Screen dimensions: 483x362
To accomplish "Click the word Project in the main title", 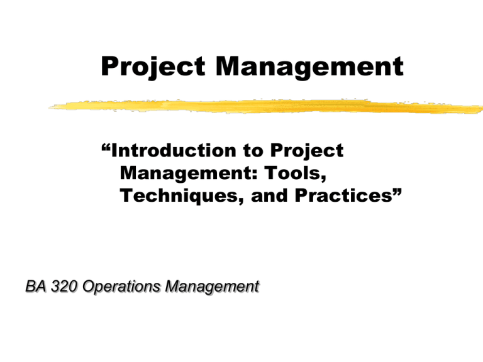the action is click(x=153, y=67).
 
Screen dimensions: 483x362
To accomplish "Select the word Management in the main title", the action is click(x=309, y=67).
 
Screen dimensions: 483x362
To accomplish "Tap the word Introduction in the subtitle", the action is click(x=174, y=151).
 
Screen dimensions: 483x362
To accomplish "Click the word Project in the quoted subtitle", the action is click(x=307, y=151).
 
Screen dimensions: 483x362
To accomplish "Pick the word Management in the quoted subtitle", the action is click(x=186, y=174).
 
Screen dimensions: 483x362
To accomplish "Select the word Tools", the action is click(x=292, y=173).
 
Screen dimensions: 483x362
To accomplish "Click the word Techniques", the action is click(x=179, y=196).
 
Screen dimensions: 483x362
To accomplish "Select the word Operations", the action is click(x=121, y=287).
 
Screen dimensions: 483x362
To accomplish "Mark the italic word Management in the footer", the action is click(x=212, y=287).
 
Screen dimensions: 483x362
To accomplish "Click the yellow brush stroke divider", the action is click(x=265, y=106).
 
